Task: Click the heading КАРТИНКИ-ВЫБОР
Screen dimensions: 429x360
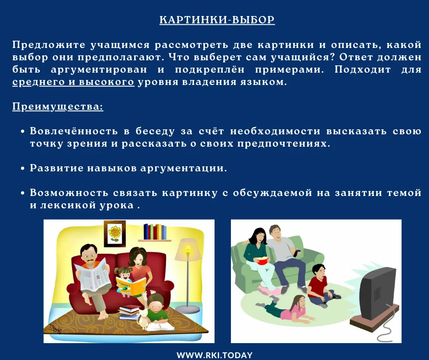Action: pos(217,20)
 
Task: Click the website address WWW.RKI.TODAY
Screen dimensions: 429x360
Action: pos(214,355)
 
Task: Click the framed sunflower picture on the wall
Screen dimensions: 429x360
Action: pos(115,233)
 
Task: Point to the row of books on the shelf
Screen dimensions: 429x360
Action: pos(155,232)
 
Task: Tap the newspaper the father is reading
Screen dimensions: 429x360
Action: pos(93,274)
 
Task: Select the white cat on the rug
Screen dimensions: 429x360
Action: pos(144,318)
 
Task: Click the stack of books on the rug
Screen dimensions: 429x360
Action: pos(129,312)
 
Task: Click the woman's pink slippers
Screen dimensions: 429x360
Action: pos(269,291)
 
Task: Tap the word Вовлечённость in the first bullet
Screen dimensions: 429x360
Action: pos(74,131)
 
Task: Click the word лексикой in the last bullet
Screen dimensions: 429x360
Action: pos(68,205)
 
